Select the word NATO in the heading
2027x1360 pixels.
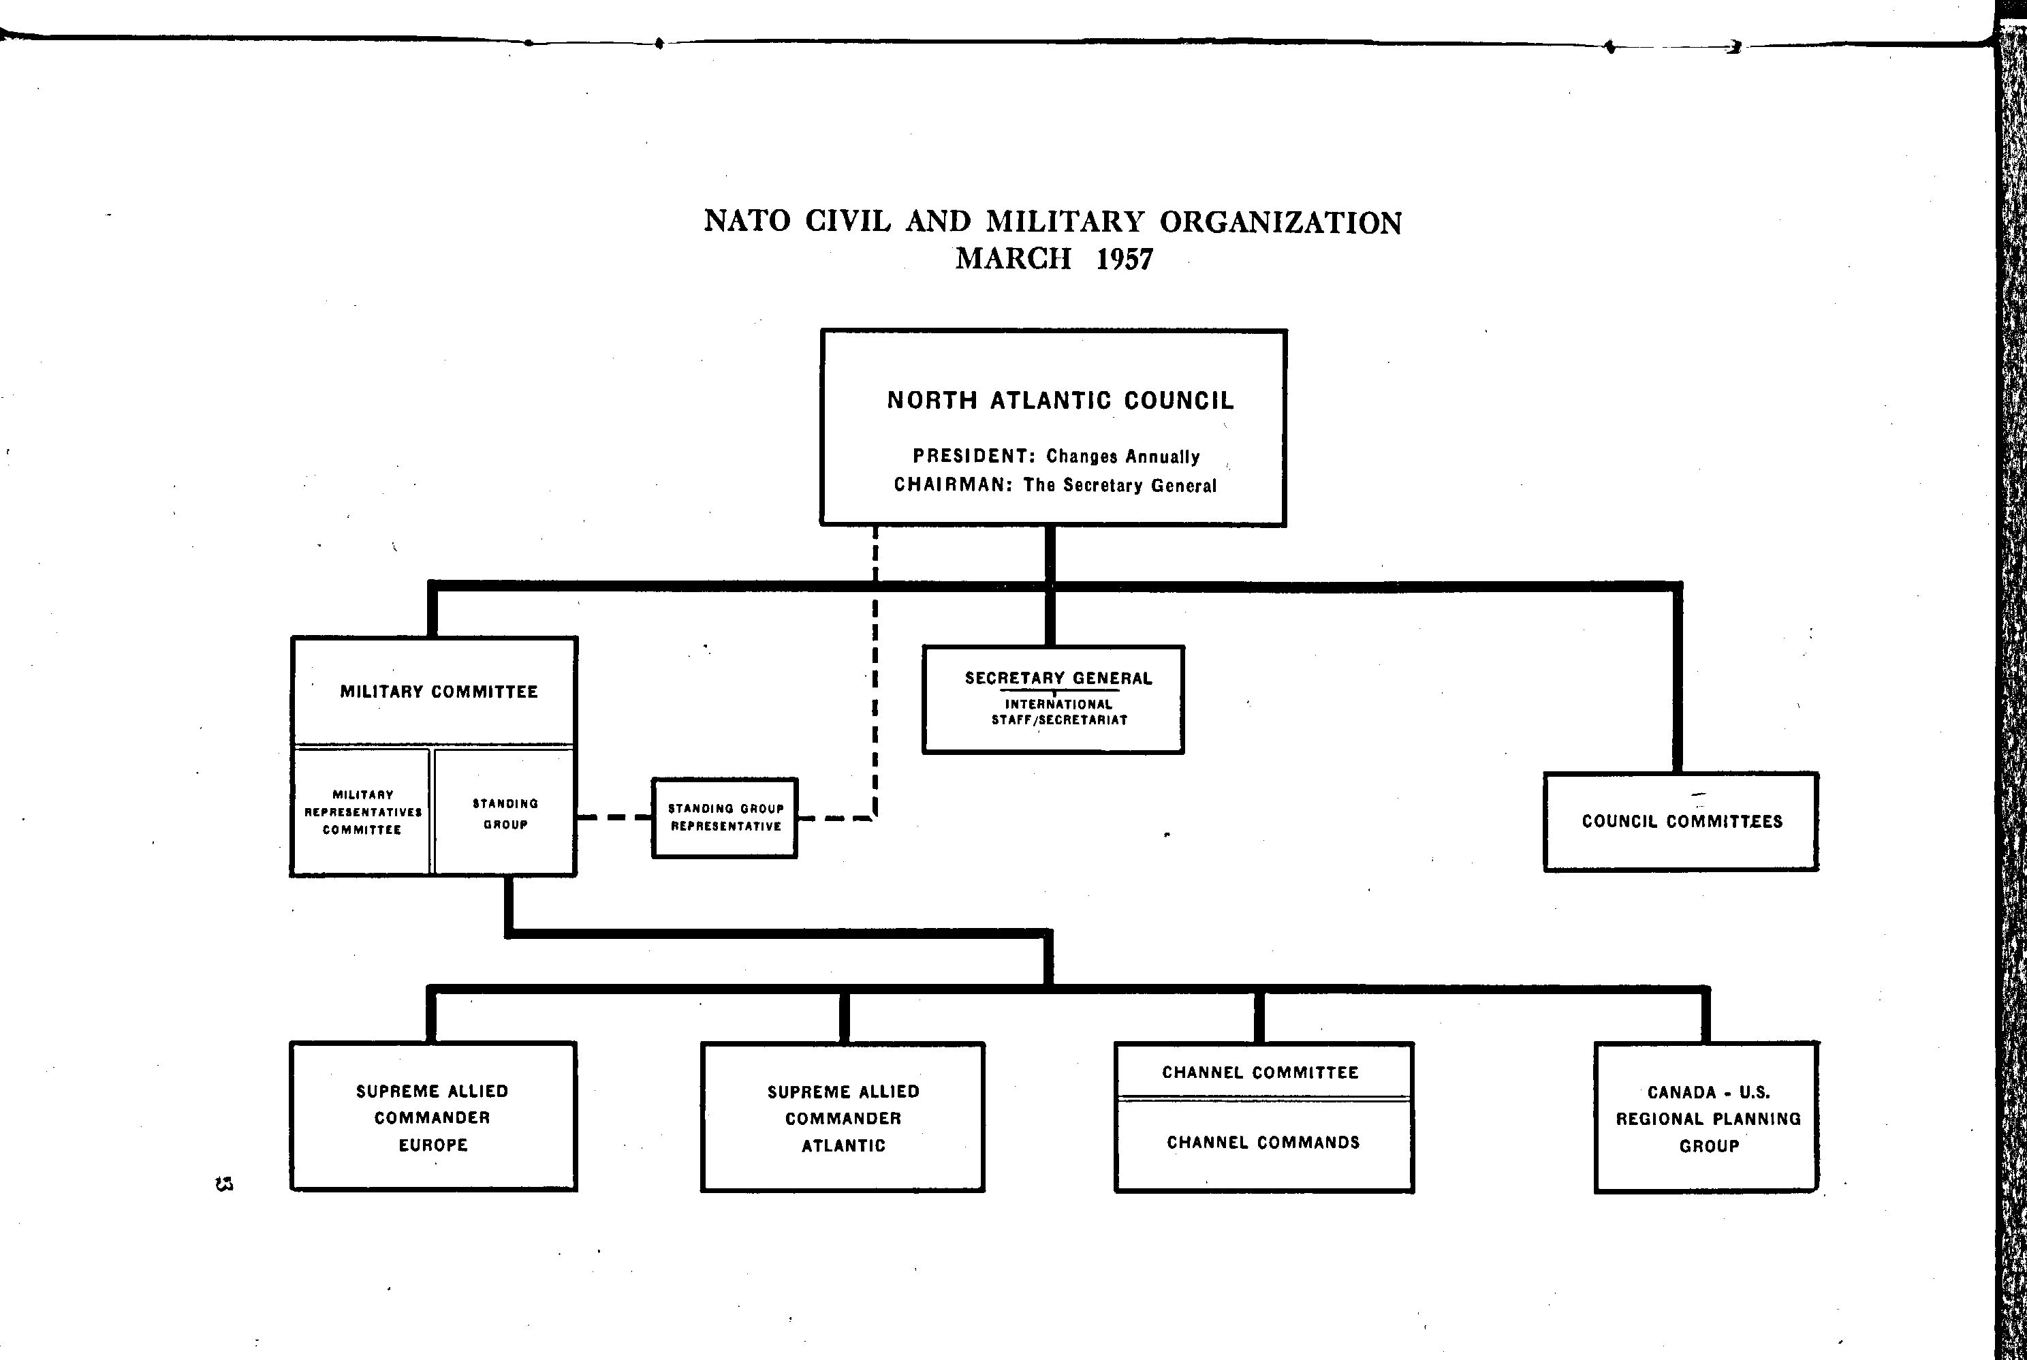pos(747,221)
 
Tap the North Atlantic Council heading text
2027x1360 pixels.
pos(1059,401)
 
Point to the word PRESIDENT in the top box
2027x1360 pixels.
pos(969,457)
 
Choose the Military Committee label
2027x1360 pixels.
pos(439,692)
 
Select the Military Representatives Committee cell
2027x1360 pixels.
pos(362,812)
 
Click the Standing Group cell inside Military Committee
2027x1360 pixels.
pos(505,814)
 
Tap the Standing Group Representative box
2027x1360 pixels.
pos(725,818)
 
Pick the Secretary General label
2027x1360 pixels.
pos(1058,678)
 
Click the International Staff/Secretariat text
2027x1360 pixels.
pos(1058,712)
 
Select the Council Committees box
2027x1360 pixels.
pos(1681,821)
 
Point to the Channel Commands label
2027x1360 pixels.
pos(1263,1142)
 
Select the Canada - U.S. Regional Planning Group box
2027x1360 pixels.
pos(1706,1118)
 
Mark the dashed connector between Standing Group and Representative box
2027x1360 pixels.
pos(614,817)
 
